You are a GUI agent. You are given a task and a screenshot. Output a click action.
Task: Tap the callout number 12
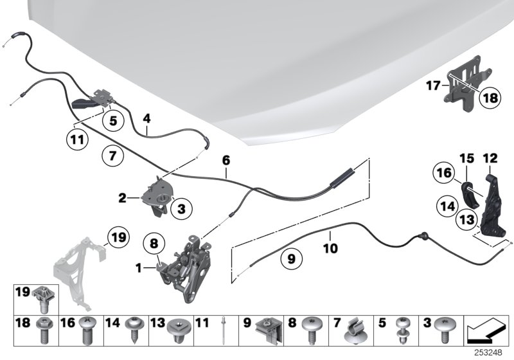pos(490,157)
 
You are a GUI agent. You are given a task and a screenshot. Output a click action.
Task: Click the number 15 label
pos(466,157)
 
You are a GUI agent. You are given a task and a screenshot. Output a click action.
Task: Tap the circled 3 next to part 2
pos(181,208)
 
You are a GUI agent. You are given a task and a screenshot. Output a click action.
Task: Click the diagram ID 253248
pos(491,352)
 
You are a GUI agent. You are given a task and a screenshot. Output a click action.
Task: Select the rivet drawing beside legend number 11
pos(222,330)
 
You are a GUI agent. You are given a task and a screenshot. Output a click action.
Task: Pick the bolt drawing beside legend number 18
pos(44,331)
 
